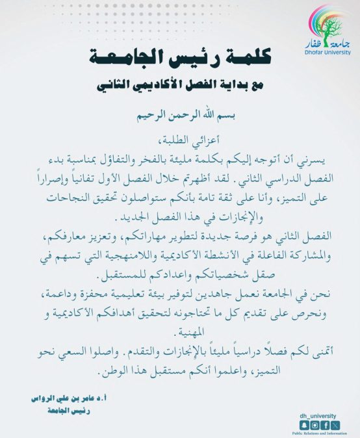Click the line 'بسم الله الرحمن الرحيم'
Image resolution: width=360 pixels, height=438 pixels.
coord(179,118)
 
